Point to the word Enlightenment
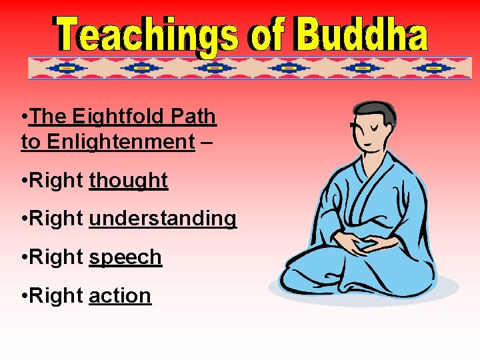(107, 141)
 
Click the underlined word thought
(128, 180)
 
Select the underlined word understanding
(162, 219)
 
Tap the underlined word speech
(125, 257)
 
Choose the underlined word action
(120, 295)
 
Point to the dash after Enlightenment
(207, 142)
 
